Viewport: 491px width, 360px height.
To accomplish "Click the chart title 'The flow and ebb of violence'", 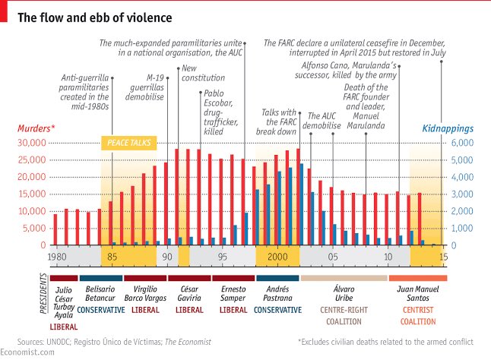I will click(95, 16).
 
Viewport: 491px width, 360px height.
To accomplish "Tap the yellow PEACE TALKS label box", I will click(128, 143).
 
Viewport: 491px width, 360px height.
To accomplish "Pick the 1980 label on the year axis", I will click(56, 257).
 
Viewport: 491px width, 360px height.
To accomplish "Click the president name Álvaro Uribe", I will click(334, 294).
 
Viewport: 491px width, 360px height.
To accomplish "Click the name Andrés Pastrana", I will click(277, 294).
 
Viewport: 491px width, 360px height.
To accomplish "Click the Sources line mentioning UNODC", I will click(114, 343).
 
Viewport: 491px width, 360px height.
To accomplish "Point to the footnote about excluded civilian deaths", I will click(385, 343).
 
